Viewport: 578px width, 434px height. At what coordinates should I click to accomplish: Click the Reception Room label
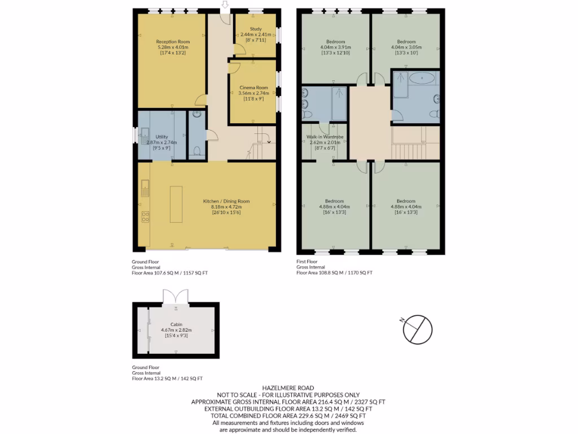pyautogui.click(x=173, y=42)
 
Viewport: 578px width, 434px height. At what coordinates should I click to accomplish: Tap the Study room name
pyautogui.click(x=255, y=28)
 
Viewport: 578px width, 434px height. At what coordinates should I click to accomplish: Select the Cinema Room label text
pyautogui.click(x=253, y=88)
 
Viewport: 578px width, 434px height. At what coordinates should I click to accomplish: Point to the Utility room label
pyautogui.click(x=162, y=137)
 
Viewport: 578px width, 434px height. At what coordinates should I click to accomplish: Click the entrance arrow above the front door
pyautogui.click(x=225, y=5)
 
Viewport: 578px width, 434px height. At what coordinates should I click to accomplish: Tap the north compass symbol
pyautogui.click(x=417, y=329)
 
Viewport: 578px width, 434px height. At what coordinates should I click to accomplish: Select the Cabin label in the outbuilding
pyautogui.click(x=176, y=324)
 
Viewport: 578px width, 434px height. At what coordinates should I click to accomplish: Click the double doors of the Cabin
pyautogui.click(x=176, y=296)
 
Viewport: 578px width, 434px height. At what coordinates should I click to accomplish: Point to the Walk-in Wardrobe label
pyautogui.click(x=325, y=137)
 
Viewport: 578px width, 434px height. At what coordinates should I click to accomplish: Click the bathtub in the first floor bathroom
pyautogui.click(x=422, y=79)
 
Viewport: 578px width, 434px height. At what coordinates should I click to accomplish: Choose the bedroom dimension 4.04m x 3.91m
pyautogui.click(x=336, y=47)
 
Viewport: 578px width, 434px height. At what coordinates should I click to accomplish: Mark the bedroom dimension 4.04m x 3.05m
pyautogui.click(x=405, y=47)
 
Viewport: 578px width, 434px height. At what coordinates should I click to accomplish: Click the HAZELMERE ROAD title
pyautogui.click(x=288, y=388)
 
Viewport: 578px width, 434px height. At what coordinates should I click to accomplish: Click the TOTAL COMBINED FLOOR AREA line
pyautogui.click(x=288, y=415)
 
